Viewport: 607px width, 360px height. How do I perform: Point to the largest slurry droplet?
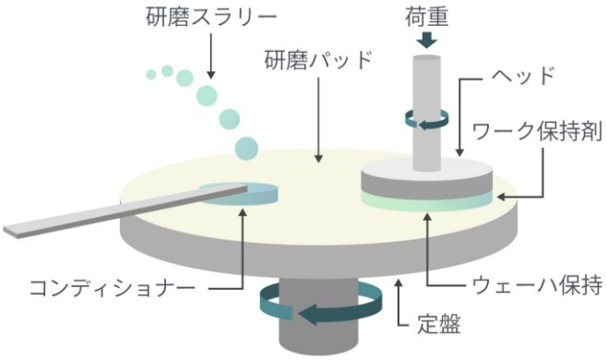coord(246,147)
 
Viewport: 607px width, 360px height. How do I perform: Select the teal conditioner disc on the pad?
coord(238,192)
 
